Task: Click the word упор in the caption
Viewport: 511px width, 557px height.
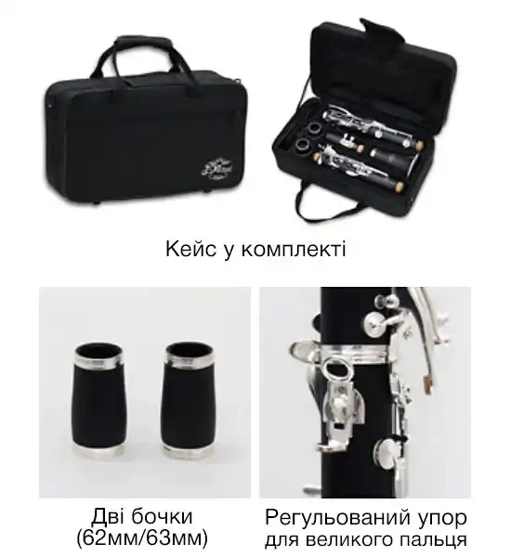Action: point(442,517)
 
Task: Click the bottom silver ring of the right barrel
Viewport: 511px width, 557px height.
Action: point(187,452)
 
